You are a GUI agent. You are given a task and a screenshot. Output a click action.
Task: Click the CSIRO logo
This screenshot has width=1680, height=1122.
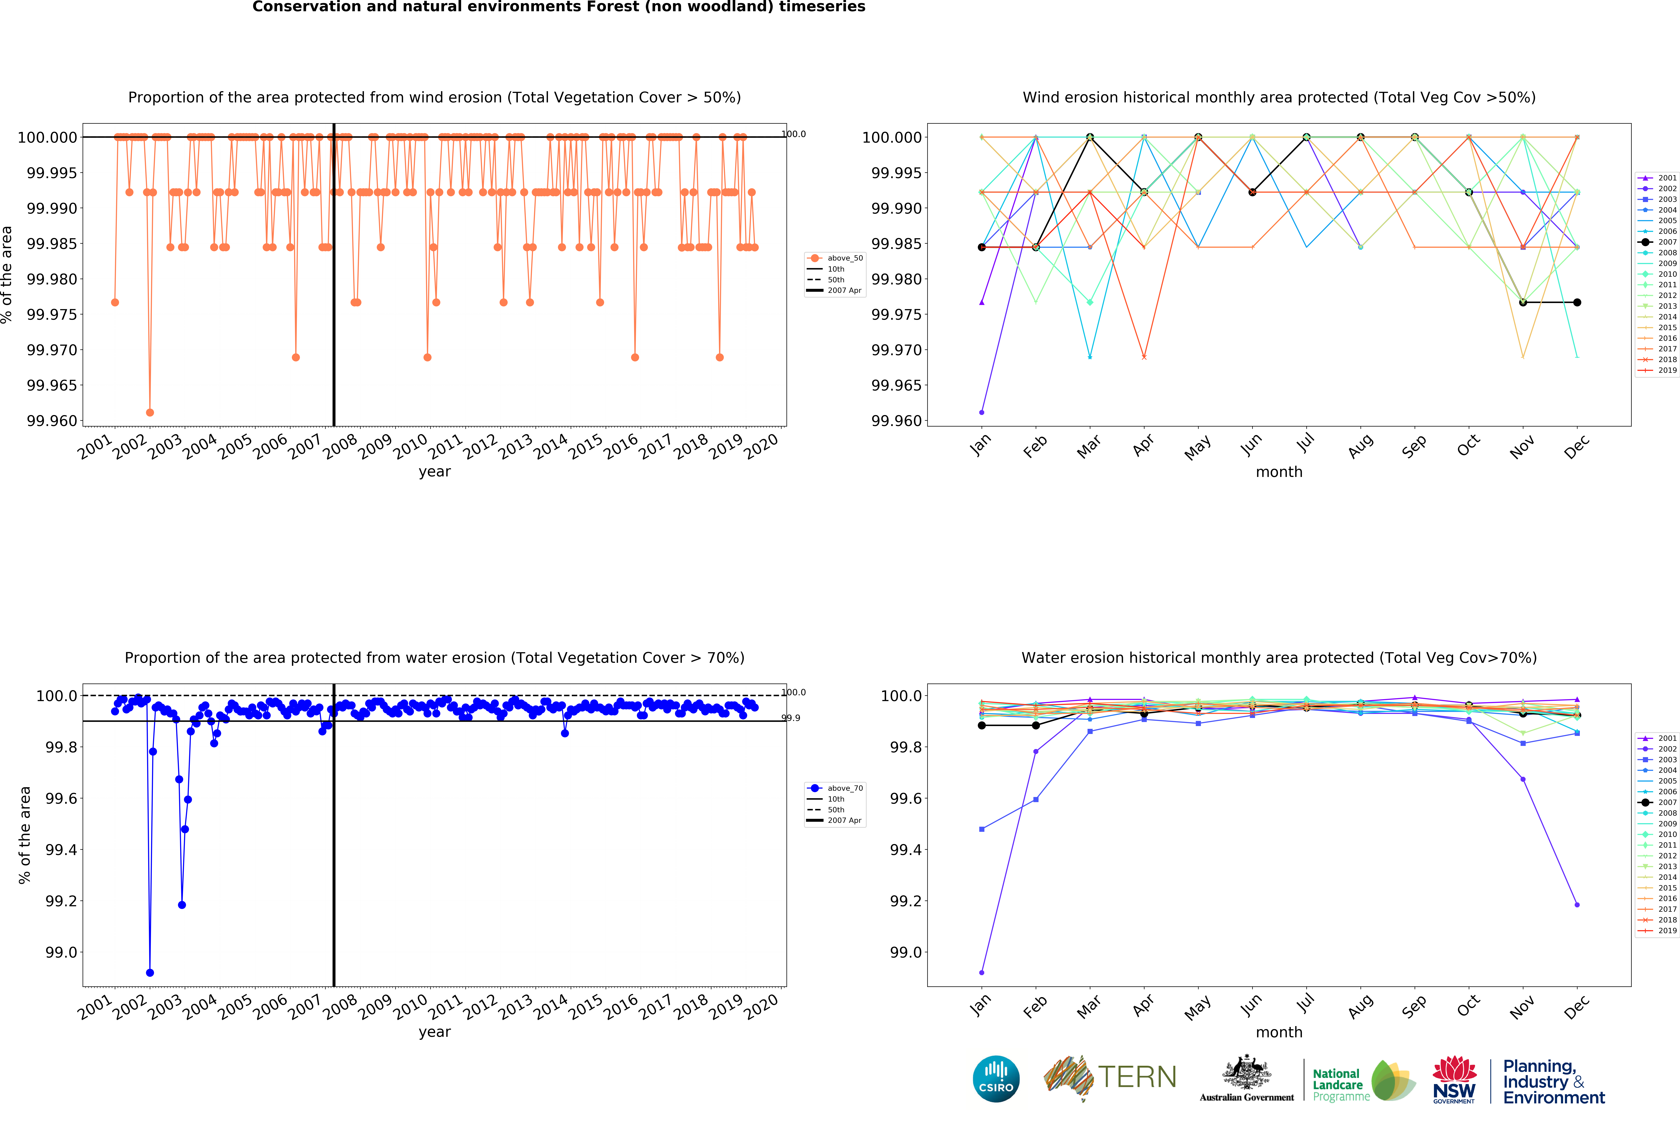pyautogui.click(x=996, y=1078)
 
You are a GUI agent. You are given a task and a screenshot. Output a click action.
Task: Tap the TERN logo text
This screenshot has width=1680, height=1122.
pyautogui.click(x=1137, y=1077)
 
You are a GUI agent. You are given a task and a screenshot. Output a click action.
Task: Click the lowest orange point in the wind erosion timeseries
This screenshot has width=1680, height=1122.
pyautogui.click(x=150, y=412)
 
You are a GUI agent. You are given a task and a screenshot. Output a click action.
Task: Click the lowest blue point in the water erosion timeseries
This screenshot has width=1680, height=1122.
pyautogui.click(x=150, y=973)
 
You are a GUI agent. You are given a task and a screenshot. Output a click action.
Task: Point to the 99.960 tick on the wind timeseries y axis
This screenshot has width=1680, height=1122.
pyautogui.click(x=51, y=421)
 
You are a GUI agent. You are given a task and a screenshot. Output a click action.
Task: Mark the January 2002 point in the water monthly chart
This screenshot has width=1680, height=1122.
pyautogui.click(x=981, y=973)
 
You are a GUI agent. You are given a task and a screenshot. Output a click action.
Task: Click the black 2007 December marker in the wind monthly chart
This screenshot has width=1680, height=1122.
pyautogui.click(x=1577, y=303)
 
